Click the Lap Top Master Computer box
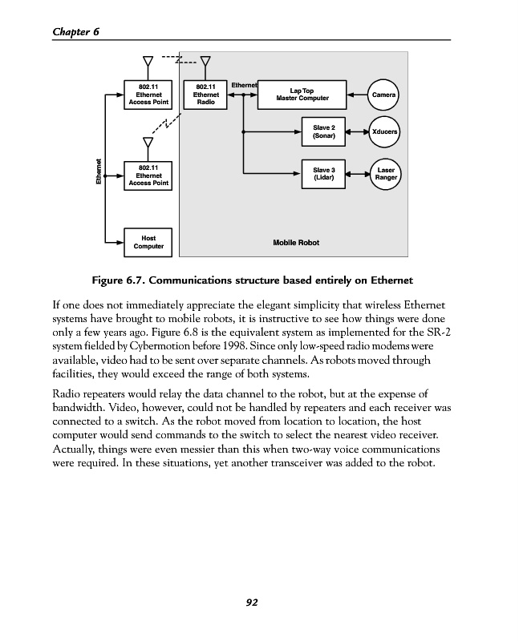pyautogui.click(x=302, y=95)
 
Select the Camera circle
pyautogui.click(x=384, y=95)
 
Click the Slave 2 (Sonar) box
pyautogui.click(x=324, y=131)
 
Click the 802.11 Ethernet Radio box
pyautogui.click(x=205, y=95)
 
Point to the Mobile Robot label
pyautogui.click(x=295, y=242)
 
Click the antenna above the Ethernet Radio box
pyautogui.click(x=205, y=64)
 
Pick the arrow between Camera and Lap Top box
pyautogui.click(x=357, y=95)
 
